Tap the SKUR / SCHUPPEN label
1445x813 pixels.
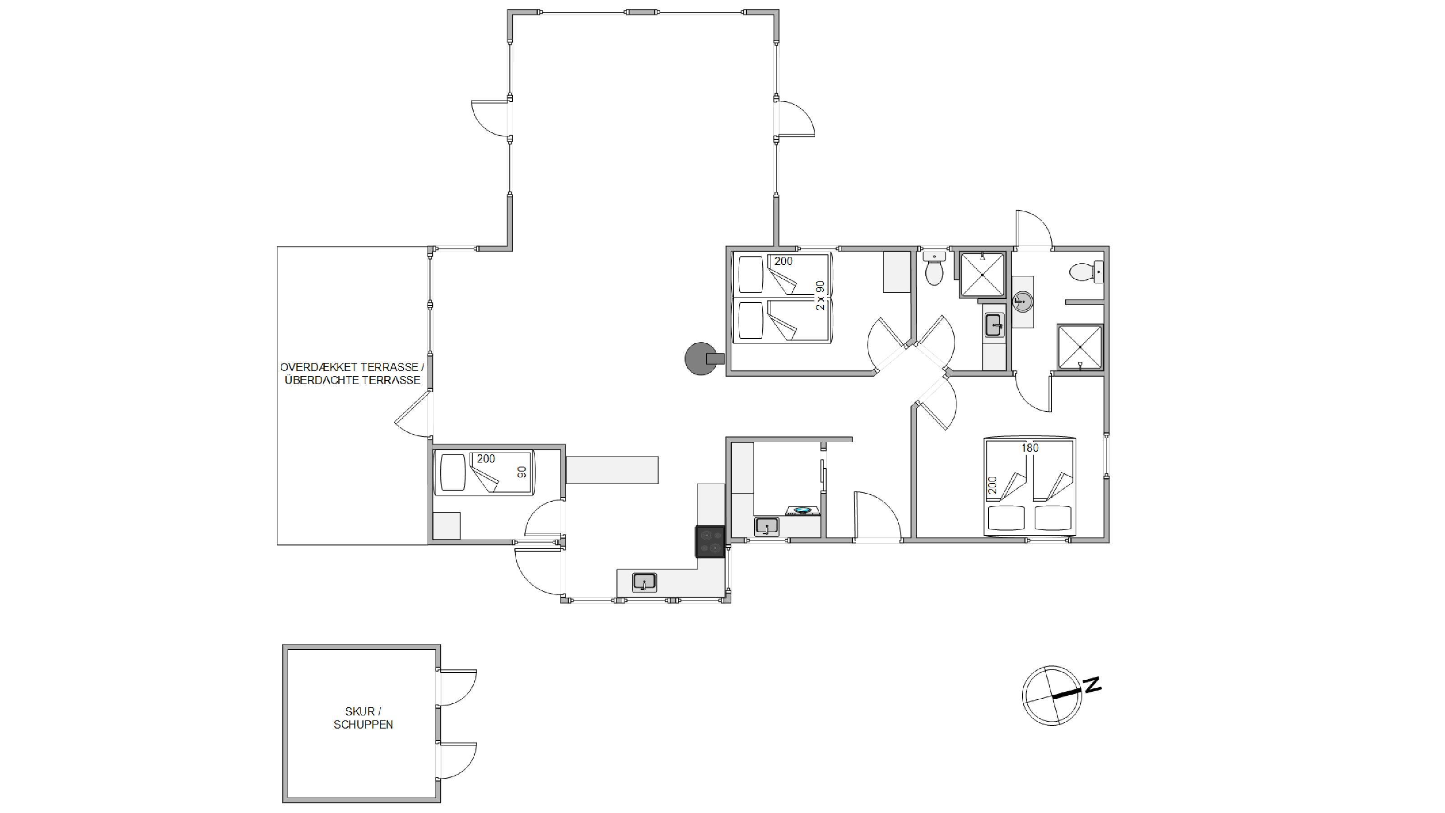click(x=363, y=718)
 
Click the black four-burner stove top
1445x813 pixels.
click(x=710, y=542)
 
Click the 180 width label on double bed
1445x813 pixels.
click(x=1030, y=448)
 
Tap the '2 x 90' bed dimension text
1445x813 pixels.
click(x=820, y=296)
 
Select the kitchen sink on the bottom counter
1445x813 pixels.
click(x=644, y=582)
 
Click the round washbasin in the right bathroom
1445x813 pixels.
click(x=1023, y=302)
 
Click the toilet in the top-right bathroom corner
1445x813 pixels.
click(x=1087, y=272)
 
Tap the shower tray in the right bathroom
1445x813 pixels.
click(x=1080, y=347)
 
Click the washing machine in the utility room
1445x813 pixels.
click(x=803, y=510)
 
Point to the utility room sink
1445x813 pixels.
click(x=766, y=527)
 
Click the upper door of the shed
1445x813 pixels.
click(x=457, y=687)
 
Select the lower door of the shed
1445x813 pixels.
click(x=457, y=760)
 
